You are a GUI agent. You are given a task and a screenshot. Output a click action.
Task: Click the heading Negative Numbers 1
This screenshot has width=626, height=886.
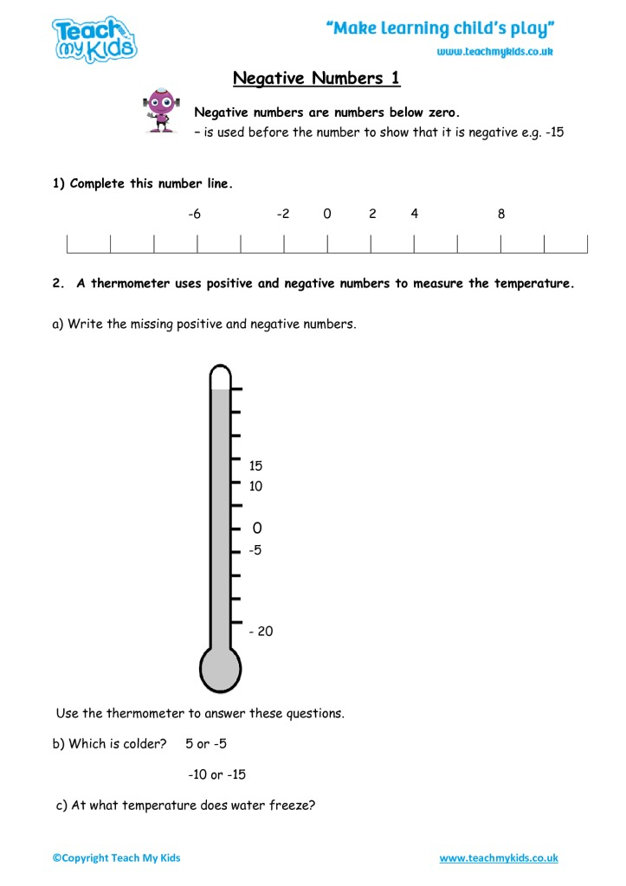(317, 79)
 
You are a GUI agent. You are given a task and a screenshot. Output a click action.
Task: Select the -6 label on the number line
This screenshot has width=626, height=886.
(195, 214)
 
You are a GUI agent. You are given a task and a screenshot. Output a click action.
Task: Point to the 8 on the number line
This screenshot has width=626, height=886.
(501, 214)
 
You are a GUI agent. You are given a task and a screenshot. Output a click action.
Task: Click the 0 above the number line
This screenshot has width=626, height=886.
(327, 214)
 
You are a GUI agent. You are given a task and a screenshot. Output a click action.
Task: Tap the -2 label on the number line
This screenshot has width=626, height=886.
(283, 214)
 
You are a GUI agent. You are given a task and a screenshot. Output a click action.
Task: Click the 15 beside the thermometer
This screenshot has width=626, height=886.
(255, 465)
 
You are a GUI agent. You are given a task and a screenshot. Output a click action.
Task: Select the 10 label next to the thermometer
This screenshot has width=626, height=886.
(255, 486)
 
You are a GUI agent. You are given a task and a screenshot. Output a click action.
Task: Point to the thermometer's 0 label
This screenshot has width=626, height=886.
(256, 528)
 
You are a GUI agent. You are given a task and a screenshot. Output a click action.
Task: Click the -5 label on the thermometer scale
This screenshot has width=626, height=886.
(255, 549)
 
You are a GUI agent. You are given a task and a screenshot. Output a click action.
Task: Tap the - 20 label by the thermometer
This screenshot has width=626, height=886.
(261, 632)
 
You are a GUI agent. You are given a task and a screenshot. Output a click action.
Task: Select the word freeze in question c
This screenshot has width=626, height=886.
(294, 806)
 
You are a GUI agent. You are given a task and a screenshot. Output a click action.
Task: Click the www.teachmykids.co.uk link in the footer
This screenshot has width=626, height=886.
(499, 858)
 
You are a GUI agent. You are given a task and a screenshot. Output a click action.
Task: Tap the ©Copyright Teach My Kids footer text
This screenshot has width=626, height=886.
(117, 858)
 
